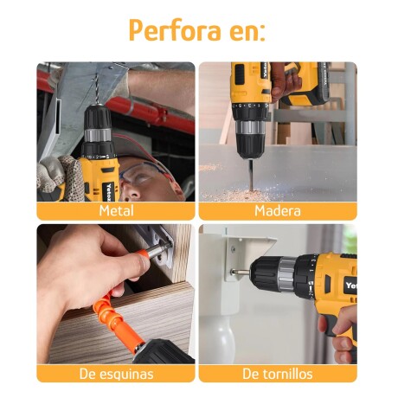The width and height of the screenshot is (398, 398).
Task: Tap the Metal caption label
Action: [116, 210]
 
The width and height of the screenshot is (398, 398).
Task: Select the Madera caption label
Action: [277, 210]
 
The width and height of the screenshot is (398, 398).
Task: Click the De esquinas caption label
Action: [116, 374]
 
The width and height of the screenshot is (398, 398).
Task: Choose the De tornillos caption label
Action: [277, 374]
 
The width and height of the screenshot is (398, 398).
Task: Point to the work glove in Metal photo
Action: [61, 177]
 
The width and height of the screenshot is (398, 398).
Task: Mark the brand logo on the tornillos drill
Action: [350, 284]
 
